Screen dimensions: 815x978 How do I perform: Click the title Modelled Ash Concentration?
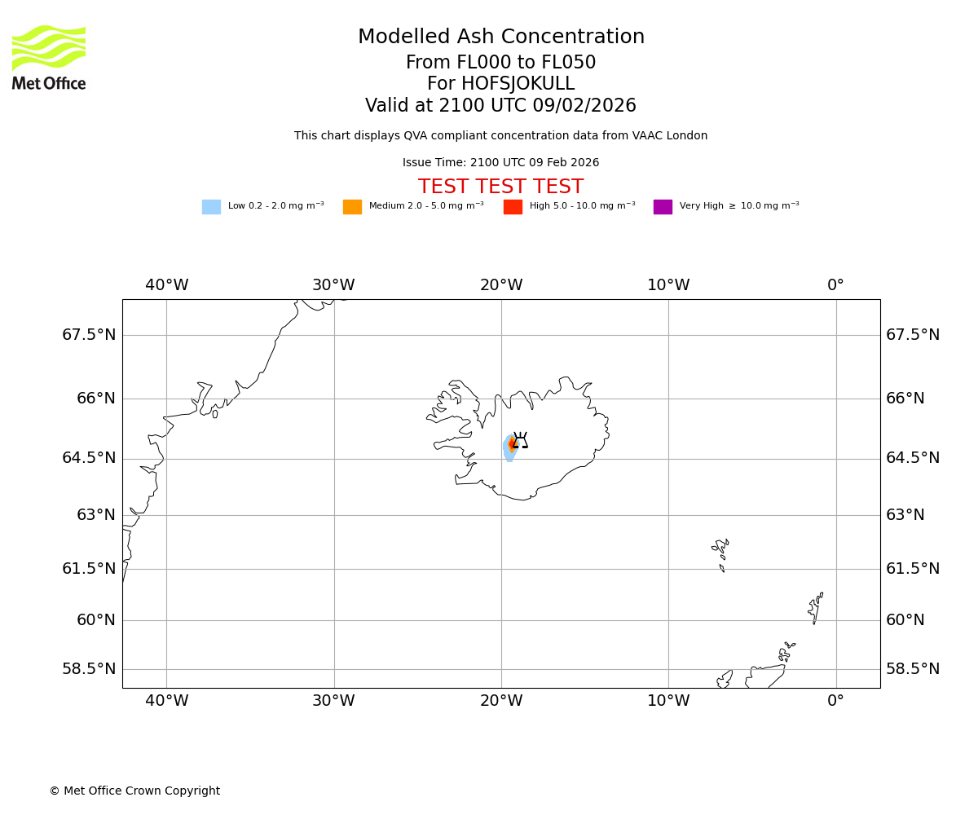pyautogui.click(x=500, y=37)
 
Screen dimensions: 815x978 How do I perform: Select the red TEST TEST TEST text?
pyautogui.click(x=500, y=187)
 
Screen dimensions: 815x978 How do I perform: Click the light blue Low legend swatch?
pyautogui.click(x=211, y=207)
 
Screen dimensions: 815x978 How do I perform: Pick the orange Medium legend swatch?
pyautogui.click(x=352, y=207)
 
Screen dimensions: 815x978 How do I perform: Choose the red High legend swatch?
pyautogui.click(x=513, y=207)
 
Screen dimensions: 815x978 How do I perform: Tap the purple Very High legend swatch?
pyautogui.click(x=663, y=207)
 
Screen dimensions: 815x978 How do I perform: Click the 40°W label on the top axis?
pyautogui.click(x=166, y=285)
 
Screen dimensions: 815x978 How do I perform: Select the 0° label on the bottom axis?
pyautogui.click(x=835, y=701)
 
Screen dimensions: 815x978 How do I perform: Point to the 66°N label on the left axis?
pyautogui.click(x=96, y=399)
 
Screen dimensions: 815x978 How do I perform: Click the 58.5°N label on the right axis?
pyautogui.click(x=913, y=669)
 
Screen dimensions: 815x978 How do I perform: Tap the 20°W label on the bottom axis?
pyautogui.click(x=500, y=701)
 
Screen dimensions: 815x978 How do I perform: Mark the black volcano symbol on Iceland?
pyautogui.click(x=520, y=441)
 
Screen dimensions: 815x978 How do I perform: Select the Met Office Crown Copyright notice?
pyautogui.click(x=134, y=791)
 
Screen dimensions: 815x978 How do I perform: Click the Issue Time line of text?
pyautogui.click(x=500, y=163)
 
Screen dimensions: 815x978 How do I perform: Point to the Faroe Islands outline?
pyautogui.click(x=720, y=553)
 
